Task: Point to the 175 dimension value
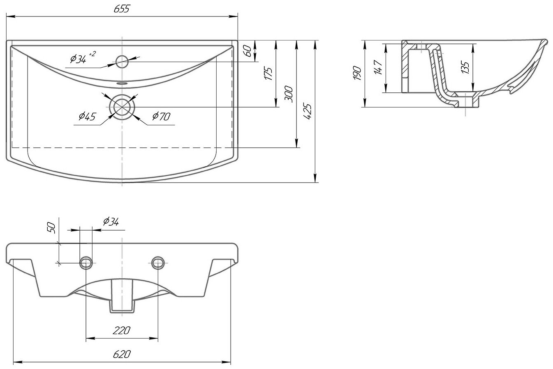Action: pyautogui.click(x=269, y=73)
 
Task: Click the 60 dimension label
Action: pyautogui.click(x=248, y=51)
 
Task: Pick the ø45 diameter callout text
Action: pyautogui.click(x=87, y=117)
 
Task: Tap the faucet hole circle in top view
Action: pyautogui.click(x=122, y=62)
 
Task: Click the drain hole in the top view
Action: pyautogui.click(x=122, y=108)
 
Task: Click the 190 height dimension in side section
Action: pyautogui.click(x=357, y=73)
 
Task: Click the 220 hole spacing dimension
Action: pyautogui.click(x=122, y=330)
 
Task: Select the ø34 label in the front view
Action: pyautogui.click(x=111, y=222)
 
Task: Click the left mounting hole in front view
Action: pyautogui.click(x=86, y=262)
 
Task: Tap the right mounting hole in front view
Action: pyautogui.click(x=158, y=262)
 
